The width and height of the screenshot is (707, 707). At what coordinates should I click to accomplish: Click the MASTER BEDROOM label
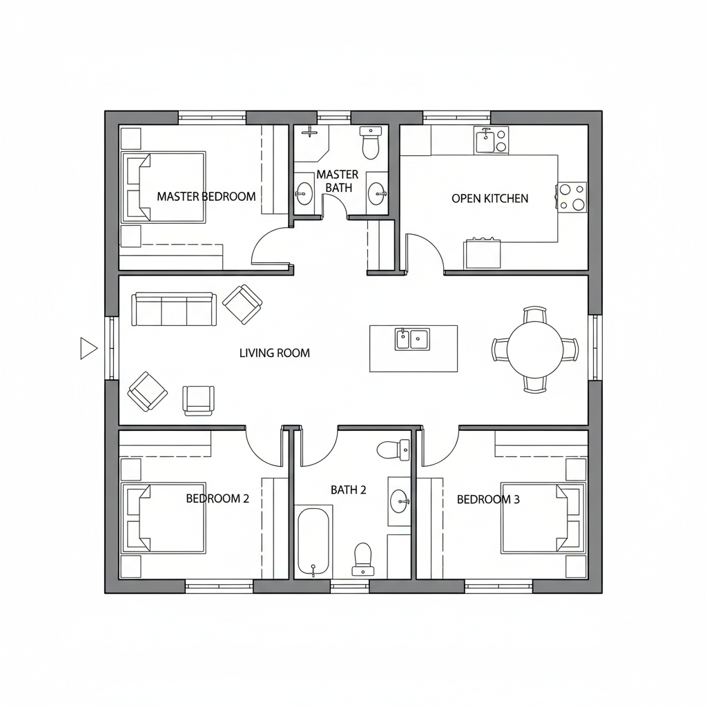click(206, 196)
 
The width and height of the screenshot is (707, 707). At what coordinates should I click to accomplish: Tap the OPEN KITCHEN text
click(490, 198)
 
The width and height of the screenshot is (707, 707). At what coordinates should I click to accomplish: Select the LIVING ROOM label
click(274, 353)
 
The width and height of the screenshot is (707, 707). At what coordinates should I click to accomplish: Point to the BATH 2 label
click(348, 490)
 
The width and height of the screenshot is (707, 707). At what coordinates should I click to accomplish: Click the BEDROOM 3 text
click(488, 499)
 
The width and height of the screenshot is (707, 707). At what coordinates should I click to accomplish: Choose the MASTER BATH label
click(338, 181)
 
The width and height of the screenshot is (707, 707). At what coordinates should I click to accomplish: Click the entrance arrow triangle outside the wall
click(88, 348)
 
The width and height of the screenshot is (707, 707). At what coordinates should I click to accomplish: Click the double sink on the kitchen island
click(411, 339)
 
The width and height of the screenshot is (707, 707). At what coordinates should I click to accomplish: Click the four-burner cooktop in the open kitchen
click(572, 196)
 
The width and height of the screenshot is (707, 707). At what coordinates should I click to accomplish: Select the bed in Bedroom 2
click(164, 518)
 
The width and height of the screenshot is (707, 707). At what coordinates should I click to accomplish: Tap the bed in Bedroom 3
click(543, 518)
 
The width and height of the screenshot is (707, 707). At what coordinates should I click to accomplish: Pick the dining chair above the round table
click(534, 315)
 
